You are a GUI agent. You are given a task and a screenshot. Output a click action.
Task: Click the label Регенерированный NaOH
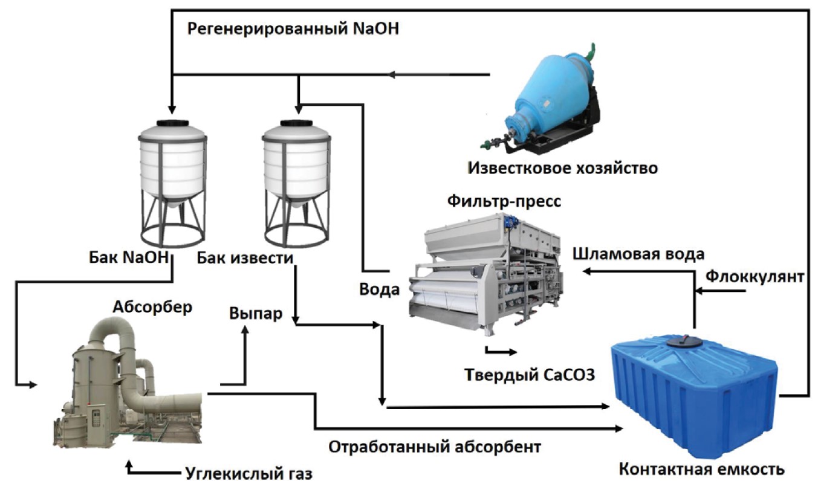click(x=293, y=29)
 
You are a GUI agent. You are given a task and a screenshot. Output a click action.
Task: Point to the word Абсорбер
click(x=152, y=306)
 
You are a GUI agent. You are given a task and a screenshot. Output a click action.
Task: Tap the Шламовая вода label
click(x=638, y=253)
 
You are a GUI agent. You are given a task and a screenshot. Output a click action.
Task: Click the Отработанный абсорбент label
click(x=435, y=447)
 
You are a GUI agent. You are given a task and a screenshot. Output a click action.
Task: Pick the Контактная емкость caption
click(x=701, y=470)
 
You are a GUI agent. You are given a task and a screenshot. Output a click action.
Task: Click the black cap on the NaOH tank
click(x=172, y=123)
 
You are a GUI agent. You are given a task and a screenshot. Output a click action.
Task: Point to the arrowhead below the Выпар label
click(x=245, y=330)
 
